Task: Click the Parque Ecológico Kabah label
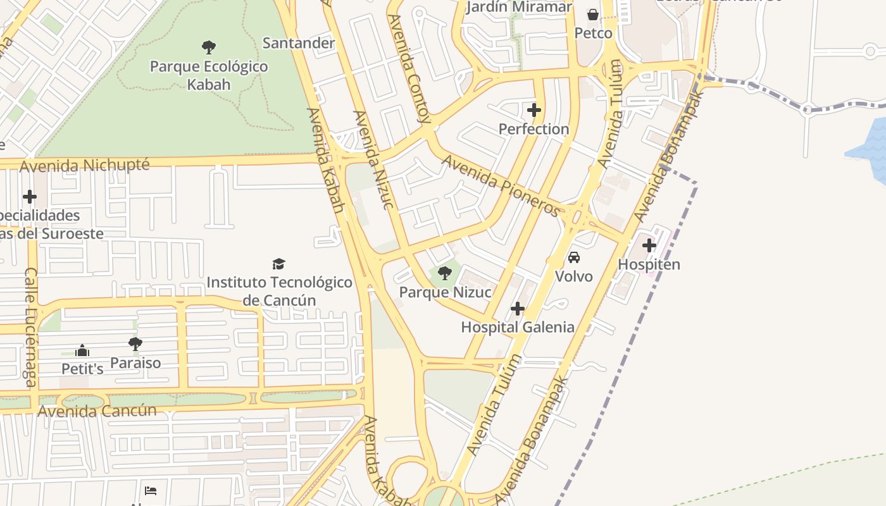pos(209,75)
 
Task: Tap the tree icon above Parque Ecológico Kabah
pos(209,47)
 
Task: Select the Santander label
pos(299,43)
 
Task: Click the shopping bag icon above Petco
pos(593,14)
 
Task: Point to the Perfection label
pos(533,129)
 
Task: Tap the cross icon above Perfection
pos(534,110)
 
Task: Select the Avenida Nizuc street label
pos(374,159)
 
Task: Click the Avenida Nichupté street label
pos(85,166)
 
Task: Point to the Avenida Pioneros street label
pos(501,185)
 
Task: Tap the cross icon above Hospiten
pos(649,245)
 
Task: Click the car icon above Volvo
pos(574,257)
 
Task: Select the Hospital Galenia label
pos(518,327)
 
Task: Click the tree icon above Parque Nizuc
pos(445,273)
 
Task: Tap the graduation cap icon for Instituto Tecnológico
pos(278,264)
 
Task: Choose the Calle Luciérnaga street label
pos(30,327)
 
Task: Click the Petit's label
pos(82,368)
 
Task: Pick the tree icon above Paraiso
pos(135,344)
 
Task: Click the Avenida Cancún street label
pos(97,410)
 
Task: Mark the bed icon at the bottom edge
pos(151,490)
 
